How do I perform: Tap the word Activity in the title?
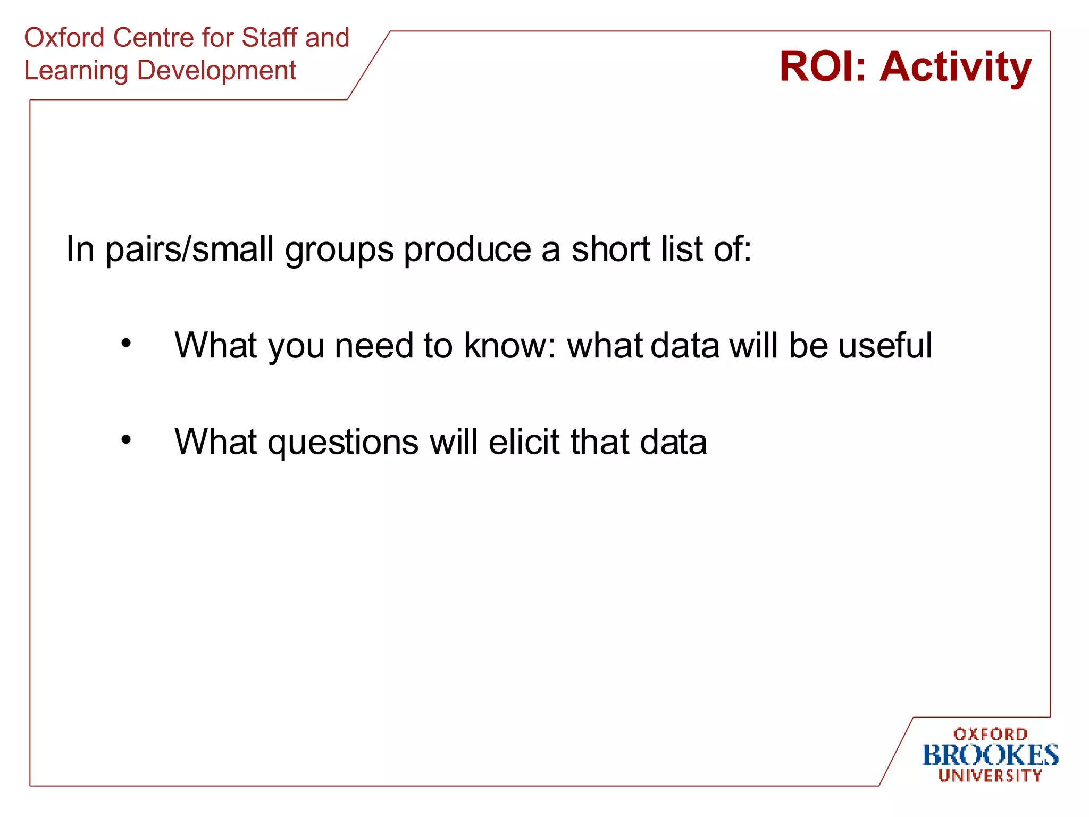click(956, 68)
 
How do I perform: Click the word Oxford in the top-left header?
click(64, 38)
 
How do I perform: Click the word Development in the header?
click(216, 71)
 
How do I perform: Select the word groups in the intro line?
click(339, 251)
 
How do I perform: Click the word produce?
click(467, 249)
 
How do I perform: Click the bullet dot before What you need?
click(126, 343)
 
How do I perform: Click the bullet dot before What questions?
click(126, 439)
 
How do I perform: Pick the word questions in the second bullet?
click(343, 443)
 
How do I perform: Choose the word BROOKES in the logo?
click(990, 755)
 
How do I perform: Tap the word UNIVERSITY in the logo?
click(990, 776)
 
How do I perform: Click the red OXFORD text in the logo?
click(990, 735)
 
